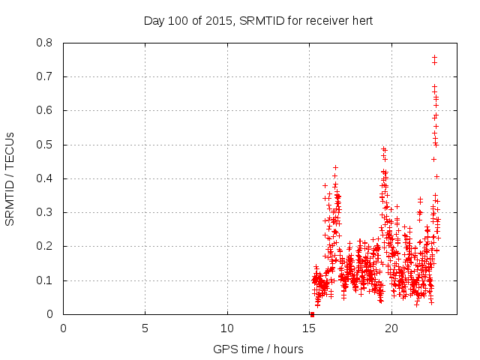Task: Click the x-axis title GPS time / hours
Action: pyautogui.click(x=258, y=349)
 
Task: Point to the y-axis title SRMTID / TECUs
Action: pyautogui.click(x=10, y=178)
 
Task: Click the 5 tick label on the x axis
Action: pyautogui.click(x=145, y=328)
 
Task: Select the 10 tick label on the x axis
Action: pyautogui.click(x=227, y=328)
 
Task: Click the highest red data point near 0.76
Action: pyautogui.click(x=434, y=57)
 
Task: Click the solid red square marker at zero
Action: pyautogui.click(x=312, y=314)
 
